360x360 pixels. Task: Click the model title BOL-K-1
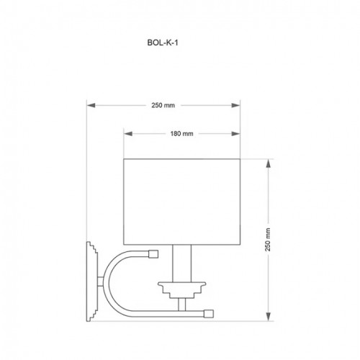pos(163,42)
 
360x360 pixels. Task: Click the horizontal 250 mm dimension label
pos(163,105)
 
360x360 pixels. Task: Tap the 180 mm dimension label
pos(181,134)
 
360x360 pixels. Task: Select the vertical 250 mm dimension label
pos(268,240)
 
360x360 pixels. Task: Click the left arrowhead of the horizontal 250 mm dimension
pos(91,105)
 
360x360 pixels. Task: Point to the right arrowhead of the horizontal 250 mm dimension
pos(235,105)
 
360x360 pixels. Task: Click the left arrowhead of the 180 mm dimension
pos(128,134)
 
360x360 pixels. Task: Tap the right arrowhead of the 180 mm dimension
pos(235,134)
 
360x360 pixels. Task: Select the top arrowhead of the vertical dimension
pos(269,163)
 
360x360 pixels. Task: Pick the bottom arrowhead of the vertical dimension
pos(269,317)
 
